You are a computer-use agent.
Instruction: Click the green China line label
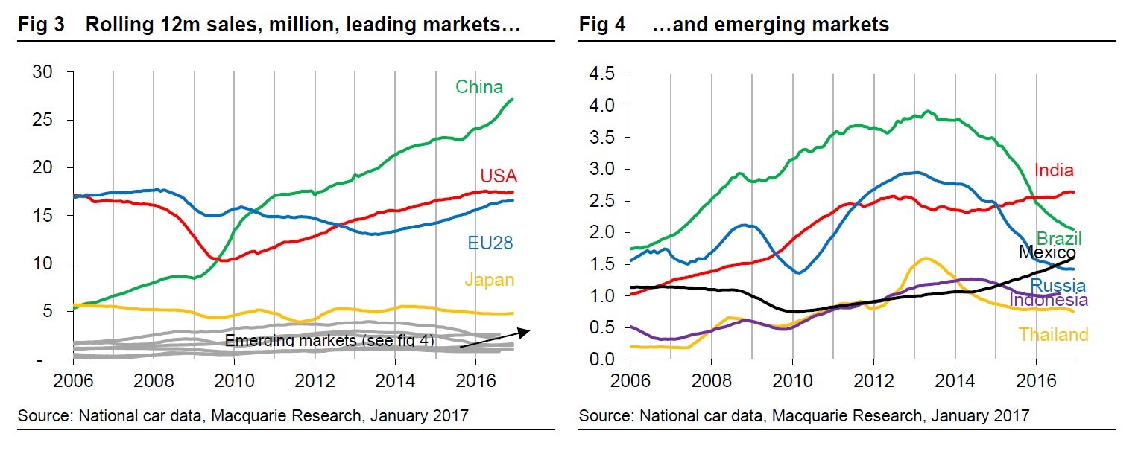479,87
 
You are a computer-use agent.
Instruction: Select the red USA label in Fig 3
499,176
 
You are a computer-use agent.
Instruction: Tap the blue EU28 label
489,243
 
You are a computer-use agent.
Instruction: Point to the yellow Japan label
489,281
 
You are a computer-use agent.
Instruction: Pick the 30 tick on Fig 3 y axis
42,72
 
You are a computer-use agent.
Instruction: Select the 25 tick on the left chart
42,120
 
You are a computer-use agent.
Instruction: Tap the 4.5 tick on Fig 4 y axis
601,74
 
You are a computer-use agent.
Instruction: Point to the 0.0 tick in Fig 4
601,359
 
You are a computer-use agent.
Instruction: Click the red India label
1054,170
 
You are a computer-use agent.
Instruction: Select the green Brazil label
1059,239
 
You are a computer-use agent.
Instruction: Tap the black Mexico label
1046,253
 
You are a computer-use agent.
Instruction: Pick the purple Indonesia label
1049,300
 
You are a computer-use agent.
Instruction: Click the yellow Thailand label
1054,335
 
